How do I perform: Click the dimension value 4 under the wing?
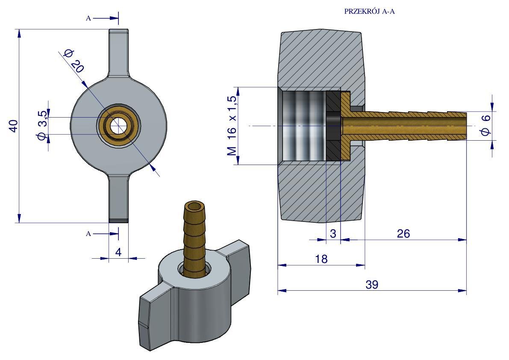(118, 252)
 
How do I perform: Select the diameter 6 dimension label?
(486, 126)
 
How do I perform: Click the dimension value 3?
(333, 234)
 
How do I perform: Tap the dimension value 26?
(403, 233)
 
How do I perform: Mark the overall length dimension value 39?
(372, 285)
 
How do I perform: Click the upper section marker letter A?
(88, 18)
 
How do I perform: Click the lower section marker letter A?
(88, 233)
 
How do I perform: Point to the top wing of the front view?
(118, 51)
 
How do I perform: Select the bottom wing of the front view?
(118, 199)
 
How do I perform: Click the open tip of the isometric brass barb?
(196, 207)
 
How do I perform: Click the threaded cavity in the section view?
(303, 126)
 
